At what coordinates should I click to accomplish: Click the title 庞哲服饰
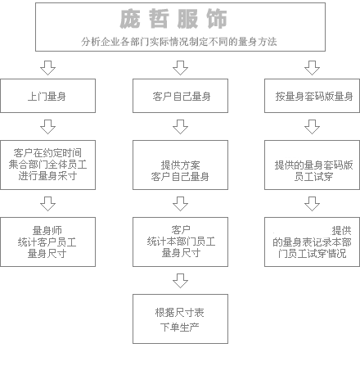173,19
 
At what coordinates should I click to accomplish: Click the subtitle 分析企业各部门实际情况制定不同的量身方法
179,42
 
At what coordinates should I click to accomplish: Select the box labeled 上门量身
47,96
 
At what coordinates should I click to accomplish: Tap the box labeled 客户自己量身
180,96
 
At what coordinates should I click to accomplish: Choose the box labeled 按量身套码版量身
312,96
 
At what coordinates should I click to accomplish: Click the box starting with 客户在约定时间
47,165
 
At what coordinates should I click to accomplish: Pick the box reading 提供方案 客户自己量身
180,165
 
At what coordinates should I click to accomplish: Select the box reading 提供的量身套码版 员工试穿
312,165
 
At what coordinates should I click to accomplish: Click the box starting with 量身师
47,242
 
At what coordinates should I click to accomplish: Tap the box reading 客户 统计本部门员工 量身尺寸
180,242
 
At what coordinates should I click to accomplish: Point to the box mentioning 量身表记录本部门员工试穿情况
312,242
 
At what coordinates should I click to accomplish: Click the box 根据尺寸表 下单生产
180,319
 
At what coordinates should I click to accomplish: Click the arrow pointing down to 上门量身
47,68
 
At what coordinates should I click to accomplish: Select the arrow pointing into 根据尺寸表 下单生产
180,281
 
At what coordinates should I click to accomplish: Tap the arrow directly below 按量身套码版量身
312,127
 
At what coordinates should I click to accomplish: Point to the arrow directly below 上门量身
47,127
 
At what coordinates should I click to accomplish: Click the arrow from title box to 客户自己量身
180,68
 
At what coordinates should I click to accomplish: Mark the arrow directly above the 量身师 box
47,204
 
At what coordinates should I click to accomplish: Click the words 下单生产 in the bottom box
179,327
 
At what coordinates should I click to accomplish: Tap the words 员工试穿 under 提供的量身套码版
313,177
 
